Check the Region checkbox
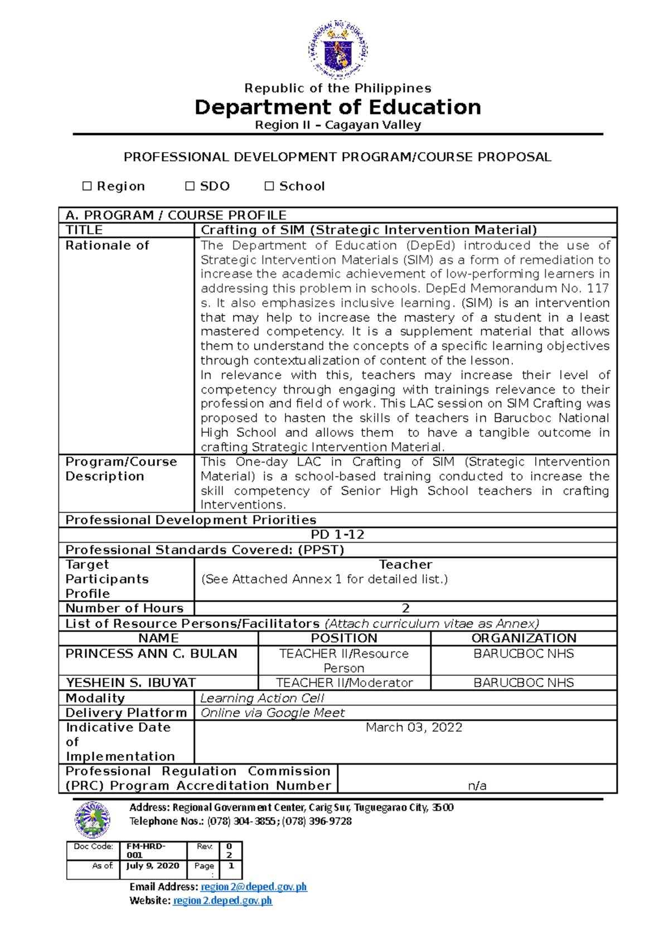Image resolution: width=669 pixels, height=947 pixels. (87, 186)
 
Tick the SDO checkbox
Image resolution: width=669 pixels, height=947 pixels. (190, 186)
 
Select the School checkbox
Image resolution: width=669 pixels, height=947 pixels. (269, 186)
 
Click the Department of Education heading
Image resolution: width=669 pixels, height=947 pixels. (338, 107)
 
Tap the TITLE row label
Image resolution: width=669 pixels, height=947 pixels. (84, 230)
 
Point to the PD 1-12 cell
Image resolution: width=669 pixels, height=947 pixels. (338, 534)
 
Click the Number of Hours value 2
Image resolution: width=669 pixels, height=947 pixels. (406, 608)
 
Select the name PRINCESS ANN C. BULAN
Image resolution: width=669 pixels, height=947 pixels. (151, 653)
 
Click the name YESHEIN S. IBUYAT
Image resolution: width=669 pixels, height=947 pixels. (131, 683)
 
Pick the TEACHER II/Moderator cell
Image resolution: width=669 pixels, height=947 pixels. (345, 683)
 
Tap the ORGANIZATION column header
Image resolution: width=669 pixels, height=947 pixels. (524, 638)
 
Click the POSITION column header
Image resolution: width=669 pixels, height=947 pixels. (344, 638)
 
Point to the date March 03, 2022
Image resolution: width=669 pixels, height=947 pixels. (414, 727)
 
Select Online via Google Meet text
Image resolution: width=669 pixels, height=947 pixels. (273, 713)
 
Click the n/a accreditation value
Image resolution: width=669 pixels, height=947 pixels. (477, 786)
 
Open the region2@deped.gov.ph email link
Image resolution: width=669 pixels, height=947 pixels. (254, 887)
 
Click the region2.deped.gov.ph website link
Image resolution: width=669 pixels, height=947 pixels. (222, 900)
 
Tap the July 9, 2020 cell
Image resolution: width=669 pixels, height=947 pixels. (153, 866)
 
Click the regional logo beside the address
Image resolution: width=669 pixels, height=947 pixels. (93, 819)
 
